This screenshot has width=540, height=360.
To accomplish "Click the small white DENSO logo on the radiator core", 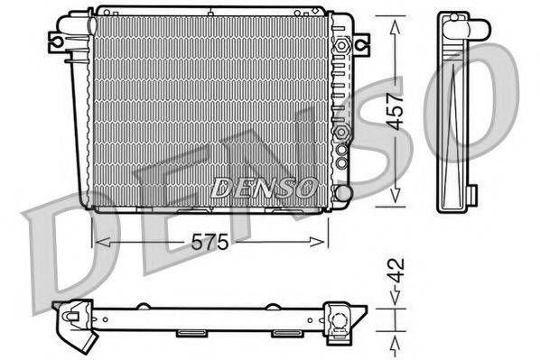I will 263,188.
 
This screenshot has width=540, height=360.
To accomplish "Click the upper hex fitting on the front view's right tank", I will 341,43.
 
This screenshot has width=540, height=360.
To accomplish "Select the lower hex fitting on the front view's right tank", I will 341,134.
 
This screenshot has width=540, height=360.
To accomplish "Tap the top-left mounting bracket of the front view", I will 58,42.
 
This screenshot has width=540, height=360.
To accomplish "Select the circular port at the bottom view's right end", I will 341,318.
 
